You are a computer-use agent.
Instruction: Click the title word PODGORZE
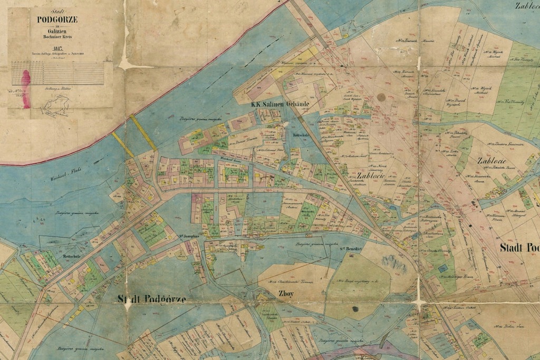click(57, 20)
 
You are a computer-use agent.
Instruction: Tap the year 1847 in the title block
click(57, 48)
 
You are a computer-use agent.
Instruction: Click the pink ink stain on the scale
click(25, 89)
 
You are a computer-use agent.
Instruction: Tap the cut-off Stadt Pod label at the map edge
click(519, 248)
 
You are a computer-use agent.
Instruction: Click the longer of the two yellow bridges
click(143, 133)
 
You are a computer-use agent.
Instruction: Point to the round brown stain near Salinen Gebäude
click(381, 97)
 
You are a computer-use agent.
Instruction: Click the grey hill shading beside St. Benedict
click(393, 261)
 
